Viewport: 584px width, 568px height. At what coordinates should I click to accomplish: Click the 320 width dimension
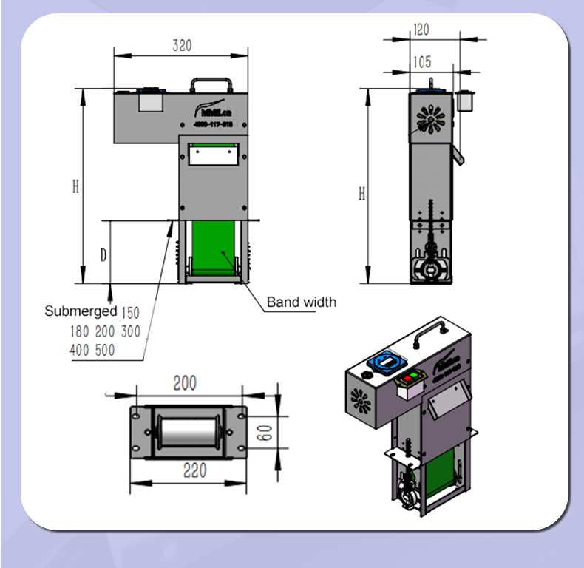(x=182, y=45)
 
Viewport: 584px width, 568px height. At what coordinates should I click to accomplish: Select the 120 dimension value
(x=421, y=30)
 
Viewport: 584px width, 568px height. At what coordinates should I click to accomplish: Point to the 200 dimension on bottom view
(x=185, y=383)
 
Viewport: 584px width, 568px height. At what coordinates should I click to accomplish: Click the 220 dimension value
(x=194, y=471)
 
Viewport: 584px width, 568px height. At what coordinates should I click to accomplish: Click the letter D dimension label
(x=104, y=255)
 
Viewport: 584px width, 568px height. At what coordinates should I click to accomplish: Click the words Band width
(x=301, y=302)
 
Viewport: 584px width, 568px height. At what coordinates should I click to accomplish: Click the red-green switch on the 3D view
(x=411, y=379)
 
